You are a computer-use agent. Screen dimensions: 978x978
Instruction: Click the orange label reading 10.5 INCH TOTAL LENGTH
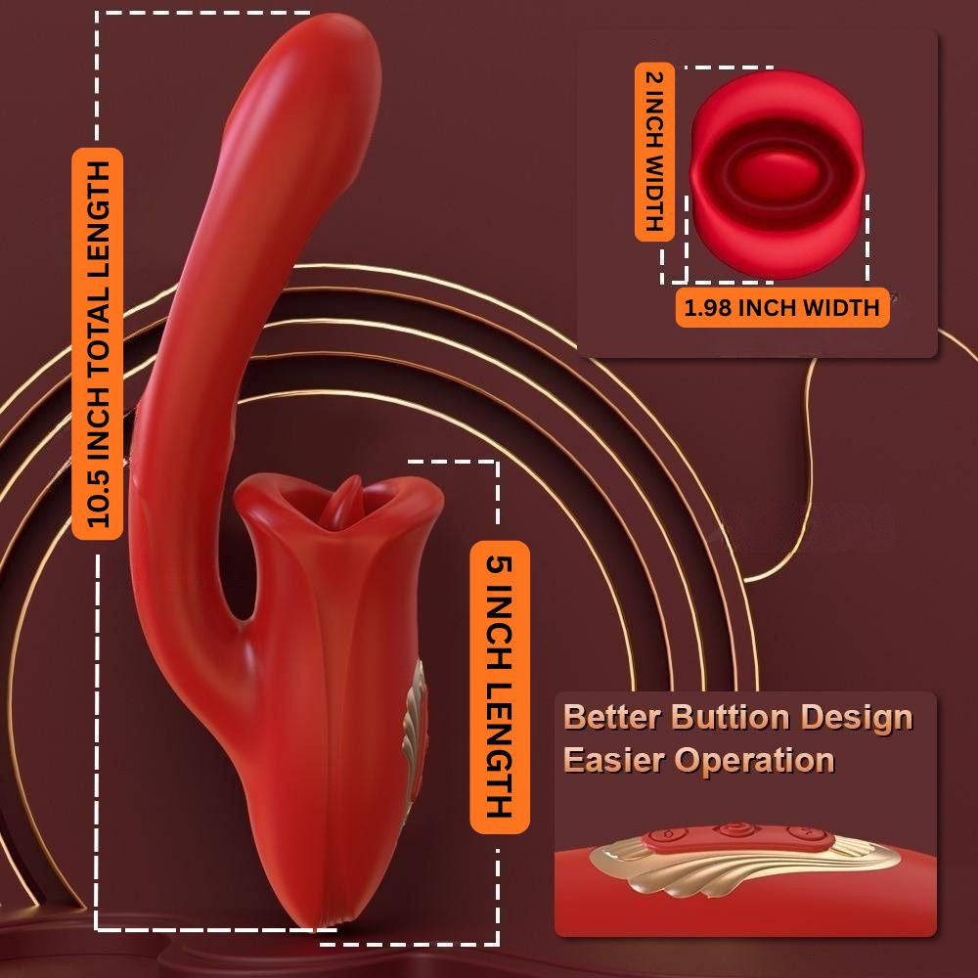pyautogui.click(x=98, y=343)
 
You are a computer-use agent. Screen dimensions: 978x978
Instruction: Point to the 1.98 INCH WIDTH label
pyautogui.click(x=781, y=308)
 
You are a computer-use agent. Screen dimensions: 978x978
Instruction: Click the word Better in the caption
pyautogui.click(x=612, y=718)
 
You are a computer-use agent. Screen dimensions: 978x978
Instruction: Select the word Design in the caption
pyautogui.click(x=857, y=718)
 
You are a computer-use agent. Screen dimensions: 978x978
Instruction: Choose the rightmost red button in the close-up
pyautogui.click(x=805, y=832)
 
